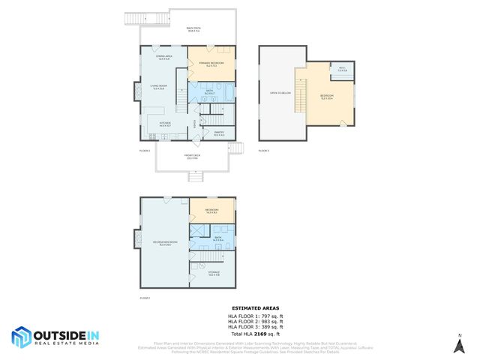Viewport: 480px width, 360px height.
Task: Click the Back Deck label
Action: [x=193, y=30]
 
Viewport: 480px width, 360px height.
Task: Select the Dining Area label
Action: [x=164, y=57]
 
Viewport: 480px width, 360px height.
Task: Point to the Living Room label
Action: [x=158, y=88]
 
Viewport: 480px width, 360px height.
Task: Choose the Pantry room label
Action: [x=220, y=133]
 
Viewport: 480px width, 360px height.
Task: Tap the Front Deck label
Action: [x=192, y=157]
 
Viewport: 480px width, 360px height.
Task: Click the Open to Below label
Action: [x=280, y=94]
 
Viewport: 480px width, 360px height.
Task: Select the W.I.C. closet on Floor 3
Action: [x=341, y=69]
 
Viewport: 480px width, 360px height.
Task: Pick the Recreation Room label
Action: [x=164, y=243]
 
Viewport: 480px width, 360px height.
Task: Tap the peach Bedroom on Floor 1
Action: [x=211, y=210]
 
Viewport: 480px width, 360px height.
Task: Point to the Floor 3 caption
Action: [x=263, y=151]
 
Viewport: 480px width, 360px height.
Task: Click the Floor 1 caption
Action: [x=145, y=298]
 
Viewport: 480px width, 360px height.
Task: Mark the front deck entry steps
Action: [x=195, y=177]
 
